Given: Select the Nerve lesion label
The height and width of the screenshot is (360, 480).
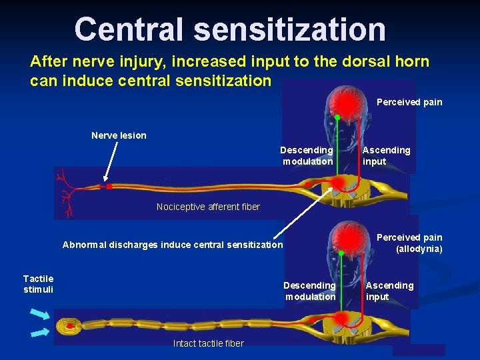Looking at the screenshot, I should point(119,135).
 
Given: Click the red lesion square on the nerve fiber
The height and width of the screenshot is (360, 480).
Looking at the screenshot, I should point(109,187).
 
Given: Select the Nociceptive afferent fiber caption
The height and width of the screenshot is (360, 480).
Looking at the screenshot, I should point(208,207).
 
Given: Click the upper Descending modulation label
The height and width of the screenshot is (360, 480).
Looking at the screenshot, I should point(307,155).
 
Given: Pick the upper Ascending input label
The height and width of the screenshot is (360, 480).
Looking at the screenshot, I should point(386,155).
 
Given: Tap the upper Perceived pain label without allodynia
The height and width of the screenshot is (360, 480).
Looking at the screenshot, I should point(409,102).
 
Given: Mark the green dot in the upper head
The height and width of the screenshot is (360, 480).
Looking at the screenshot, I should point(337,118).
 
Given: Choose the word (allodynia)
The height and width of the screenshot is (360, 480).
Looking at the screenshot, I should point(419,249).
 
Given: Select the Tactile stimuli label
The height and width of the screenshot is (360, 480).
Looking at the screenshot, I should point(38,283).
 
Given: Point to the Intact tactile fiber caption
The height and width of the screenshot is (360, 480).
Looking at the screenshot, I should point(208,343).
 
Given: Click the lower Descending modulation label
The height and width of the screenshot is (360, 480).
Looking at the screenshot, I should point(310,291).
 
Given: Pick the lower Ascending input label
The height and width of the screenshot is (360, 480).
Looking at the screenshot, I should point(389,291).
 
